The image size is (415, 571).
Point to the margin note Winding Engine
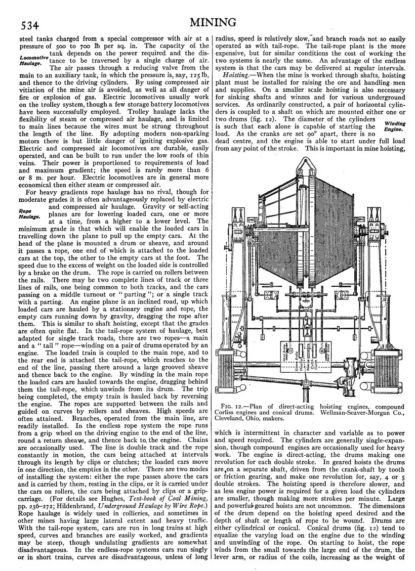[395, 126]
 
